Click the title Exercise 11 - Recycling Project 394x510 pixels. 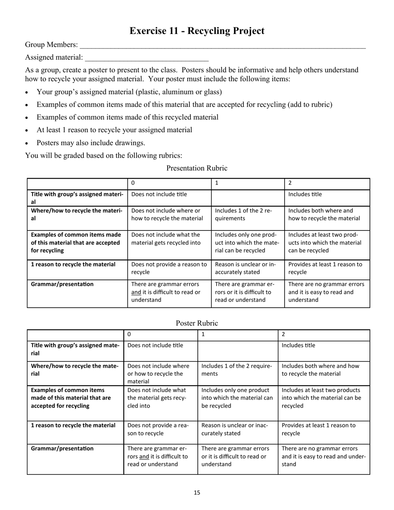[x=197, y=31]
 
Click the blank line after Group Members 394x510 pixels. [x=223, y=46]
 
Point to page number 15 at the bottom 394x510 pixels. [x=197, y=493]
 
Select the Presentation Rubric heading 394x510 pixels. [x=197, y=168]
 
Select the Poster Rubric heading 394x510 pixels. [x=197, y=323]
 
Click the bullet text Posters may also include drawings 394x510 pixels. [x=91, y=143]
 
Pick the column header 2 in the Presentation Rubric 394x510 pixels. [x=290, y=183]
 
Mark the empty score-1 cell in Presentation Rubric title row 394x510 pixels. [x=248, y=197]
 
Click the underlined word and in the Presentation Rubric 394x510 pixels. [x=136, y=292]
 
